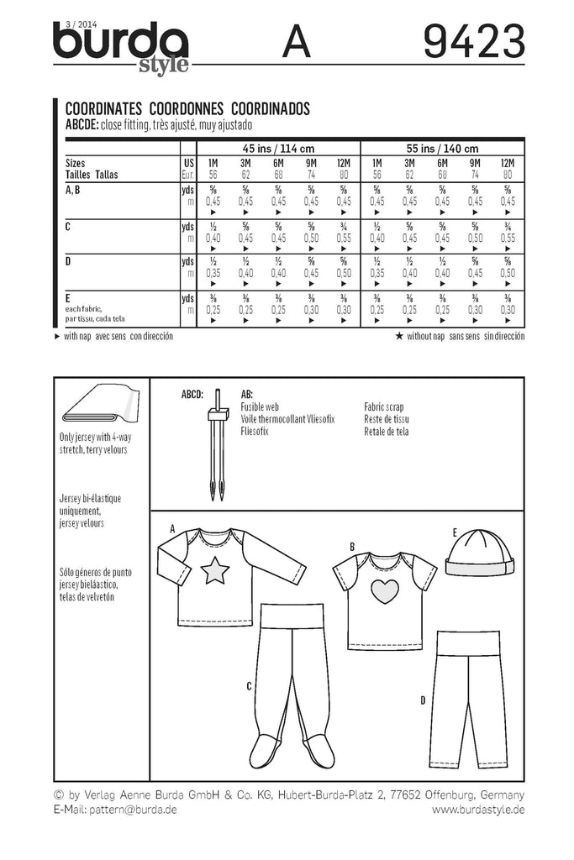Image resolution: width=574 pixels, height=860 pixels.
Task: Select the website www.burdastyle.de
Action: point(478,809)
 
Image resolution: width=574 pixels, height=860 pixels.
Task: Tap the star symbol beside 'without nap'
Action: point(398,335)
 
